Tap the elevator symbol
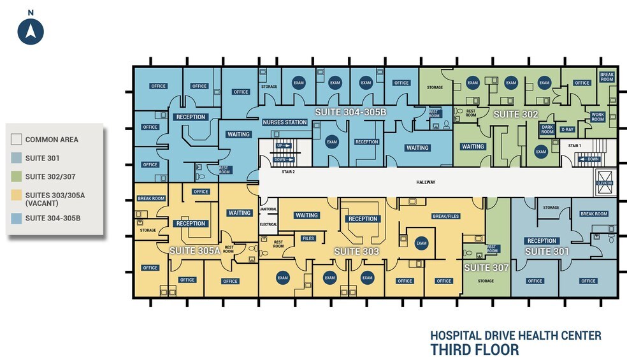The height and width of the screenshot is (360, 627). pos(604,179)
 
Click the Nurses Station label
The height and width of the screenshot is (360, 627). pos(285,122)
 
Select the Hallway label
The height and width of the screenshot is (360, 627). pos(426,183)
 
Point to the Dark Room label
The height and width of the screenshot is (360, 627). pos(547,129)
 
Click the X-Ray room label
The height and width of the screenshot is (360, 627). pos(567,129)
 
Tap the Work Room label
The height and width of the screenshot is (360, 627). pos(598,117)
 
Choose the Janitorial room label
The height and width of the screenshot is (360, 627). pos(268,209)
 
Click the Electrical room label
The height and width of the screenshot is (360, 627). pos(268,224)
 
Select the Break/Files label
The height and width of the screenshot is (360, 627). pos(446,216)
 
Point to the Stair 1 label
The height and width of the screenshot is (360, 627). pos(575,146)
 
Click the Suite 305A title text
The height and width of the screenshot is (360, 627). pos(194,251)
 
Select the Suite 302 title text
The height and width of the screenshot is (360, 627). pos(516,114)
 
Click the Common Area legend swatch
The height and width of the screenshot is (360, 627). pos(16,140)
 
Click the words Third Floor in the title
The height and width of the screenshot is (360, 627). pos(474,349)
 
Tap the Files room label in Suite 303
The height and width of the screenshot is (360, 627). pos(308,238)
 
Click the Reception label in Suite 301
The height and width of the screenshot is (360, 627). pos(542,241)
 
